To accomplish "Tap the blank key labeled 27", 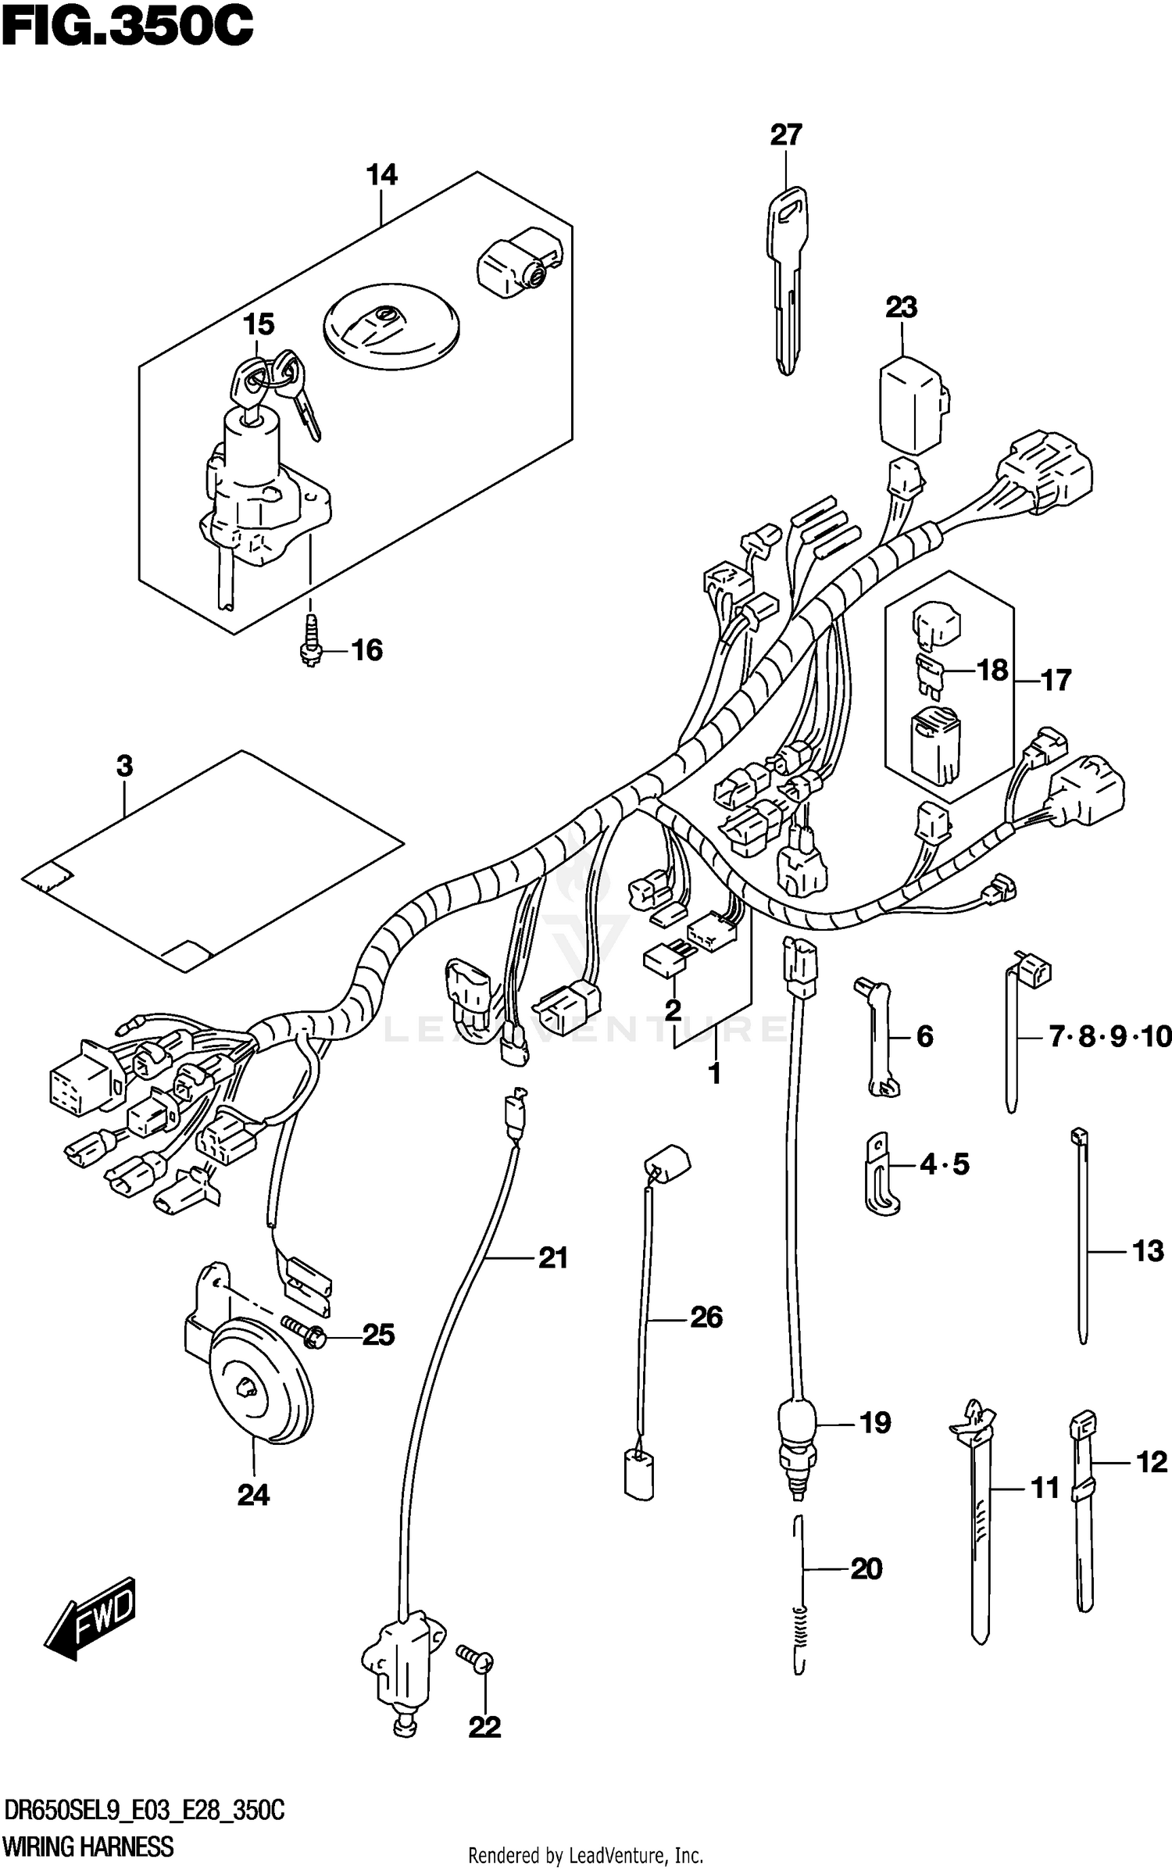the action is (x=787, y=274).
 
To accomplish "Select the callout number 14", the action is (x=382, y=175).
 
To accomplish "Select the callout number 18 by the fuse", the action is (x=992, y=670).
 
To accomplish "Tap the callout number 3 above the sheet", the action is (x=124, y=767).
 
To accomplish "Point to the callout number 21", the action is (x=552, y=1257).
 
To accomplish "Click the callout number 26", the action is (x=706, y=1318).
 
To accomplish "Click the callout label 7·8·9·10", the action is (x=1109, y=1037).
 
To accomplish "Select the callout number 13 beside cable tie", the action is (x=1148, y=1251).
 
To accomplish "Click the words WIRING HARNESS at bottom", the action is (x=88, y=1847).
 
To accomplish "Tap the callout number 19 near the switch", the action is (x=874, y=1423).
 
